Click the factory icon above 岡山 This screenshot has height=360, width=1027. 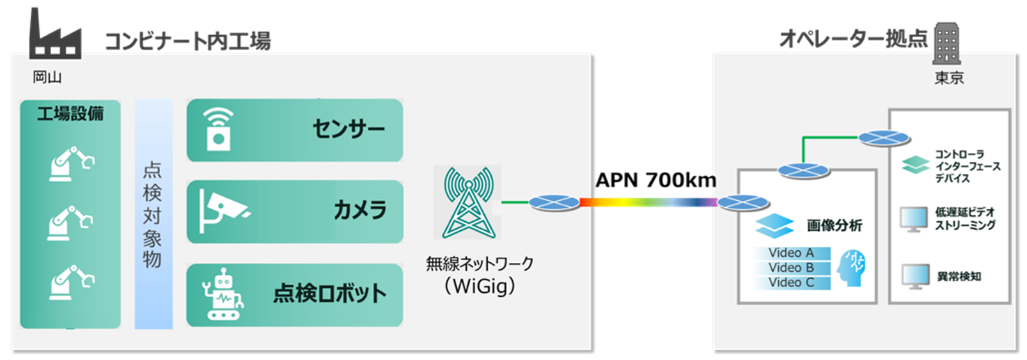point(54,35)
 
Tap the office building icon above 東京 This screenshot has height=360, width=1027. point(946,43)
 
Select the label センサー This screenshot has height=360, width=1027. point(349,129)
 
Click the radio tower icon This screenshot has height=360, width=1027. point(469,202)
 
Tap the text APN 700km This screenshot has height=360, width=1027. point(655,180)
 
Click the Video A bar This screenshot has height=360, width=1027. point(792,253)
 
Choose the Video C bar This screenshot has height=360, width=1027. point(792,283)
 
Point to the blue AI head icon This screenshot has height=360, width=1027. point(853,267)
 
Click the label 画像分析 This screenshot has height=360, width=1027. point(834,225)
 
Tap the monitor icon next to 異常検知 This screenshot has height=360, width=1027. point(915,276)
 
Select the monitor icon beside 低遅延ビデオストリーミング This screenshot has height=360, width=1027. point(914,219)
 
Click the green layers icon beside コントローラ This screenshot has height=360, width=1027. point(915,164)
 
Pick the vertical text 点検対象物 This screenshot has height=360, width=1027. point(152,214)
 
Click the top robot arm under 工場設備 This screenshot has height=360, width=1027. point(71,164)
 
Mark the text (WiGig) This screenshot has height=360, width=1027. point(480,286)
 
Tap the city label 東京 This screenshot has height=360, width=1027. point(949,78)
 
